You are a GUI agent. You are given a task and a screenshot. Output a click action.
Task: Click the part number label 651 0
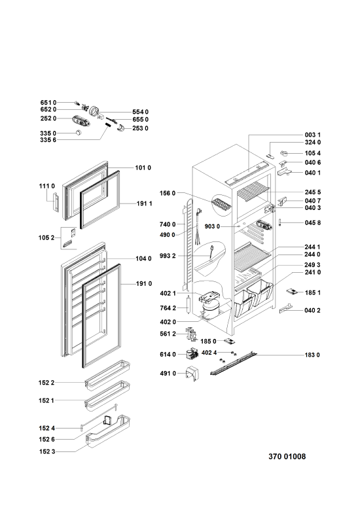pos(48,103)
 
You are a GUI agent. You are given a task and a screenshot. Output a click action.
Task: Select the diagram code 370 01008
pos(287,457)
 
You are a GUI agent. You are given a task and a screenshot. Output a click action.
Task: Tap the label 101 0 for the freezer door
pos(143,168)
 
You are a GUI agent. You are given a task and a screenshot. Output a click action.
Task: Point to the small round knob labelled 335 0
pos(78,132)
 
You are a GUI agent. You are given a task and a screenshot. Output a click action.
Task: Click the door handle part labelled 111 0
pos(56,202)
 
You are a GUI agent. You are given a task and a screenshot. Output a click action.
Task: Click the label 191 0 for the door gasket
pos(143,284)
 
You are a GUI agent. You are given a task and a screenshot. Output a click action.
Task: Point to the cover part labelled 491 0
pos(192,374)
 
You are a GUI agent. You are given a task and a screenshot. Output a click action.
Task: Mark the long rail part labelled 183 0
pos(233,364)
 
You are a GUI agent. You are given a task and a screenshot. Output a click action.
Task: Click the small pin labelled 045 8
pos(279,222)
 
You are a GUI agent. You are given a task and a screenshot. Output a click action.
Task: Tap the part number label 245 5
pos(313,192)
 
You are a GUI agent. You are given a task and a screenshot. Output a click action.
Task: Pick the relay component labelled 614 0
pos(192,353)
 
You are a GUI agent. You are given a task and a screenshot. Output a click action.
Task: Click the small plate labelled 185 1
pos(292,291)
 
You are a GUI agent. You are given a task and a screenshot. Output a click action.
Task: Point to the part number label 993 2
pos(168,256)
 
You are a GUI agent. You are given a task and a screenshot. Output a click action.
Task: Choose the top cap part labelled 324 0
pos(270,156)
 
